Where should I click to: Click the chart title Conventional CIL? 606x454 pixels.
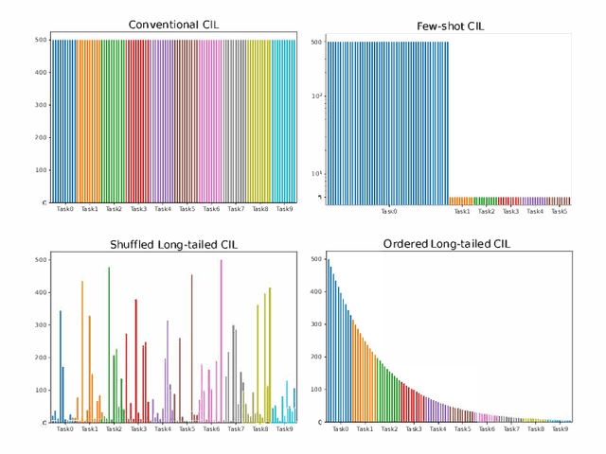[172, 24]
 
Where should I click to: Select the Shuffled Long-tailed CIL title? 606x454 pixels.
[172, 244]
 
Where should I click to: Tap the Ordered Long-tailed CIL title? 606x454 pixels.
[447, 244]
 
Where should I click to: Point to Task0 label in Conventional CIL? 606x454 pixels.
[65, 209]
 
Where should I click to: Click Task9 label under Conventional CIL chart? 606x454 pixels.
[284, 209]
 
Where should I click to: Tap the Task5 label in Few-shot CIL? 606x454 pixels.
[559, 212]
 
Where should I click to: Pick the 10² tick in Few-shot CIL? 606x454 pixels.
[317, 96]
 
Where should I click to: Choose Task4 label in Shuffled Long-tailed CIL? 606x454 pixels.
[163, 428]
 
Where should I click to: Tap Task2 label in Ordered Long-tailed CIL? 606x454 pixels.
[389, 428]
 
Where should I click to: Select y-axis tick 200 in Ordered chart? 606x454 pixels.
[317, 357]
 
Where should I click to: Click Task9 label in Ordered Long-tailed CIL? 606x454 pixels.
[560, 428]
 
